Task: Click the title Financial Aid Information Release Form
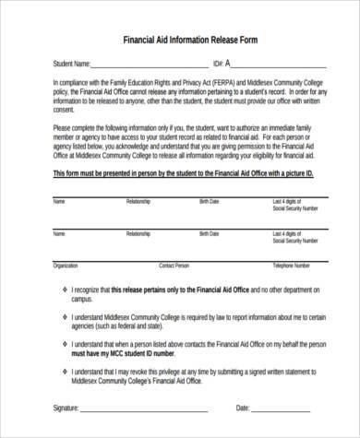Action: (182, 40)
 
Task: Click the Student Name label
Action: (69, 64)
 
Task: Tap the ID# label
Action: (217, 64)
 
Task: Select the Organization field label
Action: (66, 265)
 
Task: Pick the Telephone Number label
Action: (264, 265)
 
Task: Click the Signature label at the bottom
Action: (71, 407)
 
